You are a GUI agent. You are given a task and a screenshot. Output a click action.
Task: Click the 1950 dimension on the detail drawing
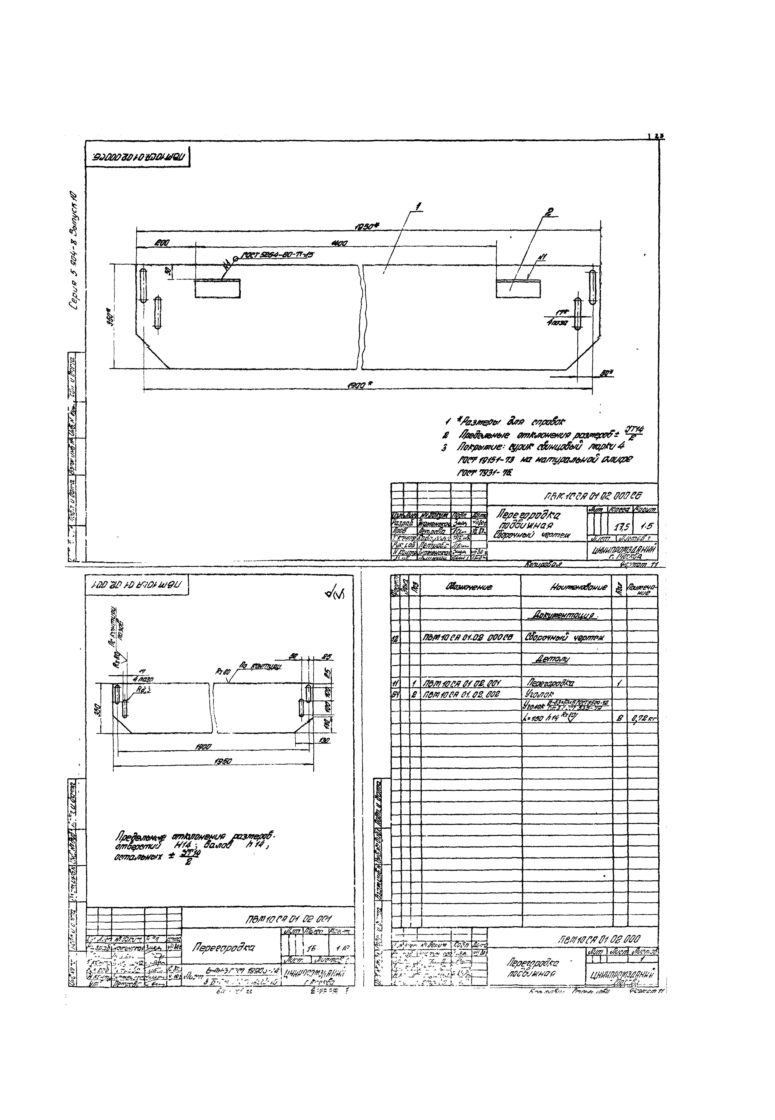click(221, 761)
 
